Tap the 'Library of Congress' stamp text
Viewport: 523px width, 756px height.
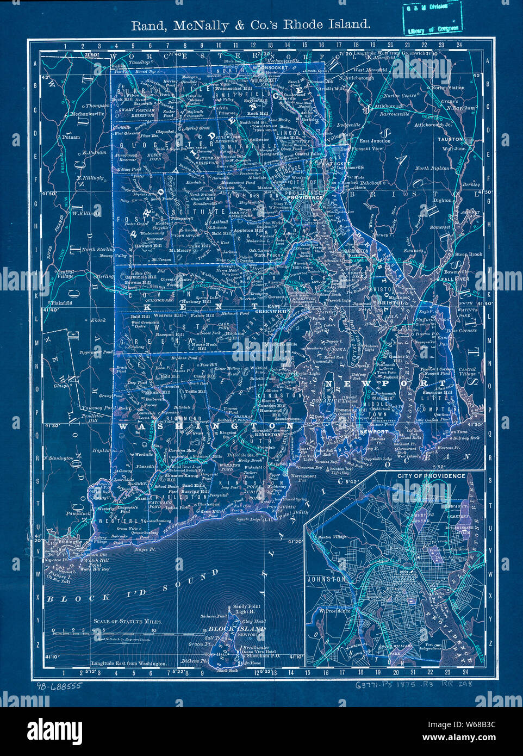(x=433, y=29)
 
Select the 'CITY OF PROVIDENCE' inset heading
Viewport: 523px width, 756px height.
(x=431, y=476)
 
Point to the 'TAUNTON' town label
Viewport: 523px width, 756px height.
(x=450, y=140)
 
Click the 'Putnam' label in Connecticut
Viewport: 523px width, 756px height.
(x=71, y=138)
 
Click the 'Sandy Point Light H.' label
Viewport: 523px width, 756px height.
(x=247, y=609)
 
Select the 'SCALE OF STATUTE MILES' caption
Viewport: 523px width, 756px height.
(x=125, y=621)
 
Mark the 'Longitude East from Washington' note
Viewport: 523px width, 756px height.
(x=129, y=664)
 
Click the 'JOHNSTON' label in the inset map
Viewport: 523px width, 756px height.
(x=327, y=580)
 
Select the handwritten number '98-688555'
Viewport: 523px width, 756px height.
(x=59, y=686)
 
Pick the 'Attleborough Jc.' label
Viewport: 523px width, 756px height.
(x=433, y=125)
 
